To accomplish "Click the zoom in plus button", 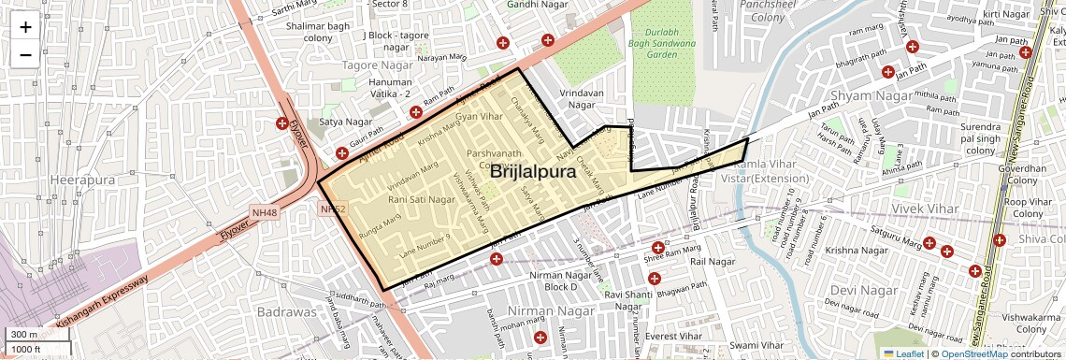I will [25, 26].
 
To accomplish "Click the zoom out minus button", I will [25, 54].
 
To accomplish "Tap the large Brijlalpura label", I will [531, 173].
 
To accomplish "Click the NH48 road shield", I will [266, 213].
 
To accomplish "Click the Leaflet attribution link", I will [903, 353].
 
